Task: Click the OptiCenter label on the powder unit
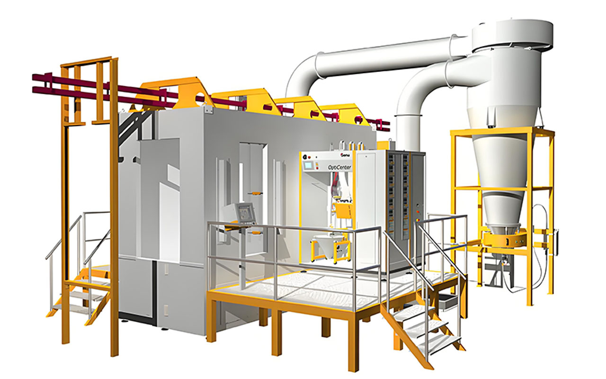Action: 339,167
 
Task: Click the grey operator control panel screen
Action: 245,212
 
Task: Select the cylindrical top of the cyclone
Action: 512,35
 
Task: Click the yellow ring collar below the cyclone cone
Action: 504,237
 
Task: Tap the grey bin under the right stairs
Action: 446,300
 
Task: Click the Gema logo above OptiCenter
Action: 347,154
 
